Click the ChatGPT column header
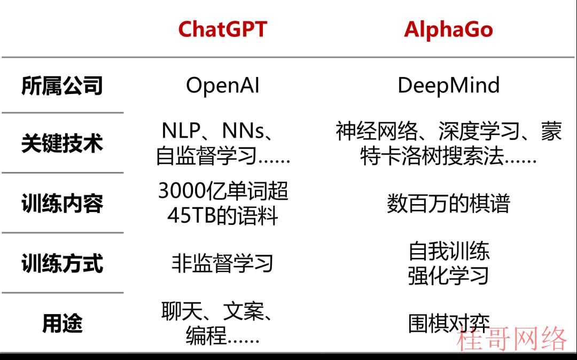pos(223,29)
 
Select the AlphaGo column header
pos(449,29)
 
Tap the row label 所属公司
pos(62,85)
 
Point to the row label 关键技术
pos(62,143)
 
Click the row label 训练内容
pos(62,204)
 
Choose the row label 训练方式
pos(62,263)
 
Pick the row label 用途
pos(62,323)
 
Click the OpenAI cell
pos(223,85)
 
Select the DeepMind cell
pos(449,85)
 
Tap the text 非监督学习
pos(223,263)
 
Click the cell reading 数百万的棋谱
pos(449,204)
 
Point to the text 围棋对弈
pos(449,323)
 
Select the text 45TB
pos(191,215)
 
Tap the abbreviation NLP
pos(181,130)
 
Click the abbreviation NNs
pos(243,130)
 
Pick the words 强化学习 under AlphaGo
pos(449,276)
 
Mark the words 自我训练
pos(449,252)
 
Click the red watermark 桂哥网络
pos(511,338)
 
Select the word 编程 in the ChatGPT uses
pos(206,335)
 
